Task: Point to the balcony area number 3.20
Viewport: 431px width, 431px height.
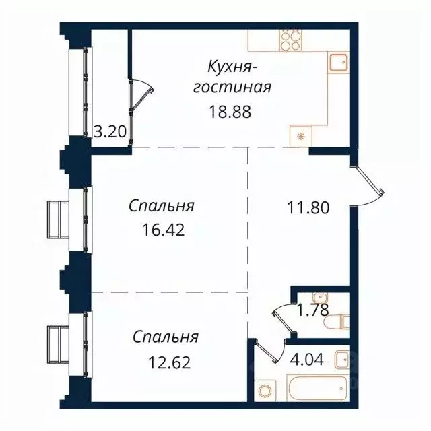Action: [x=109, y=131]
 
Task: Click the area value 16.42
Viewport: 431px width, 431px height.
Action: [x=164, y=229]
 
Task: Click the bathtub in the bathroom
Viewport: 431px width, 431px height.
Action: [x=310, y=389]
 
